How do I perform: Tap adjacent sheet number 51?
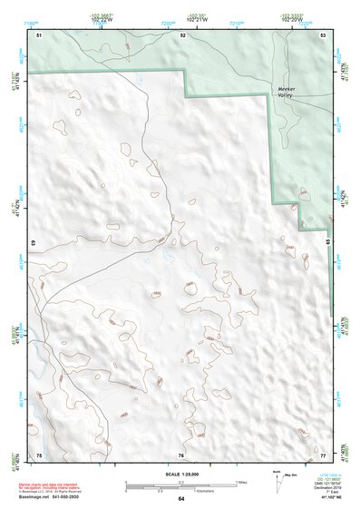click(x=39, y=34)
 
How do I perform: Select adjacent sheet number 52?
click(x=182, y=34)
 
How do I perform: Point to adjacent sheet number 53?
click(x=322, y=34)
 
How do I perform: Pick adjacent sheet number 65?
click(x=327, y=244)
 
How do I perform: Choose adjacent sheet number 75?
click(x=39, y=455)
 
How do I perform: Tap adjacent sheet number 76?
click(x=181, y=455)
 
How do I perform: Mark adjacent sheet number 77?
click(x=322, y=455)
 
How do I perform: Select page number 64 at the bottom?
click(x=181, y=499)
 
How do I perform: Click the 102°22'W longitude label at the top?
click(x=102, y=18)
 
